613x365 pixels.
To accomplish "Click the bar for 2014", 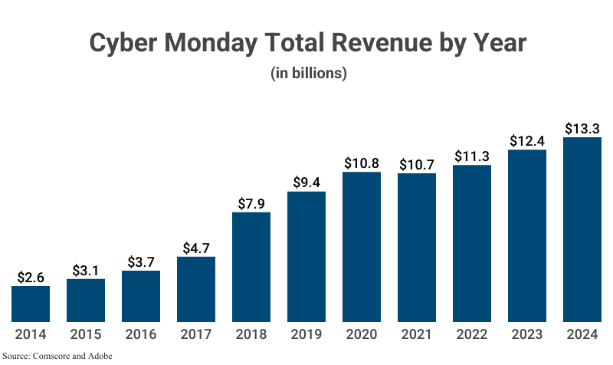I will (x=31, y=304).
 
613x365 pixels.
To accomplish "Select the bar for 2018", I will (x=251, y=267).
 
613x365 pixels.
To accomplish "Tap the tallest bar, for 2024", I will (x=582, y=230).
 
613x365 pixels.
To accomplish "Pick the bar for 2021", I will (x=417, y=248).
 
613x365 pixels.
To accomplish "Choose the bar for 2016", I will (x=141, y=296).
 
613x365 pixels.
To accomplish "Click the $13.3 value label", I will (x=582, y=129).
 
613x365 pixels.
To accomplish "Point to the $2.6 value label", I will (x=31, y=278).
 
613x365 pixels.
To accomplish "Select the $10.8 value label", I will (x=362, y=163).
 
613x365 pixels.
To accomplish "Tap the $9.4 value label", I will (x=306, y=182).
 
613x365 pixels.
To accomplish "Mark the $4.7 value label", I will (x=196, y=248).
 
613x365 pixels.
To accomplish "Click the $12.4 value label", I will (x=527, y=141).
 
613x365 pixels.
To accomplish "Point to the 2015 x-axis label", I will (x=86, y=335).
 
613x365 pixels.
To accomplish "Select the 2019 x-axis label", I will (x=306, y=335).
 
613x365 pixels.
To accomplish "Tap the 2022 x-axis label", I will (x=472, y=335).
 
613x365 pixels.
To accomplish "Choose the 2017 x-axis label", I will (x=196, y=335).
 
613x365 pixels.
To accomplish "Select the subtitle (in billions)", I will (x=309, y=74).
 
